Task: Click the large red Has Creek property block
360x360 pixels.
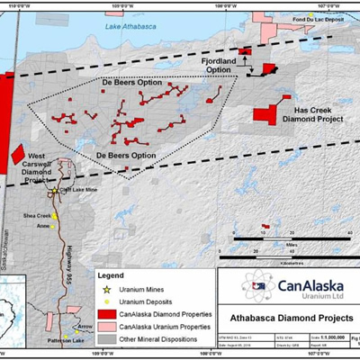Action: tap(265, 115)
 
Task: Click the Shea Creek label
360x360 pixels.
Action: tap(38, 216)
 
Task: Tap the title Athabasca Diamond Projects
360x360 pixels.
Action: tap(286, 317)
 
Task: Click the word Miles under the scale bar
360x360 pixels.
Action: tap(290, 243)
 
